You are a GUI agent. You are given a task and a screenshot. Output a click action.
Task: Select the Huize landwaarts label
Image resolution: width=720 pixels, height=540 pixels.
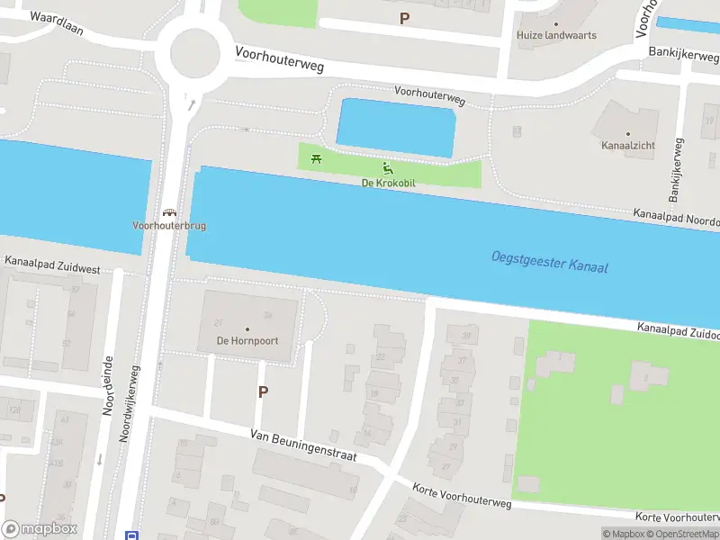tap(556, 36)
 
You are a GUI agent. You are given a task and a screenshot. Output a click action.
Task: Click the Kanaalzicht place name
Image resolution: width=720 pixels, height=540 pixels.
tap(628, 145)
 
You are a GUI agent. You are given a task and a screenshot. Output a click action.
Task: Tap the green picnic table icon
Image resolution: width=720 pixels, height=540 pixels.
tap(316, 159)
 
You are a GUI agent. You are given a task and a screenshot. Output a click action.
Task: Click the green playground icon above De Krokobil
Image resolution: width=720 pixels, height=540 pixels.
tap(388, 167)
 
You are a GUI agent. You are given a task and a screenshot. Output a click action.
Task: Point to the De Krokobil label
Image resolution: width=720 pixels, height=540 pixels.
tap(388, 183)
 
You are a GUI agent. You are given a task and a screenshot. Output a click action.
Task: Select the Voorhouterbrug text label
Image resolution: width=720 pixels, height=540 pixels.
tap(169, 226)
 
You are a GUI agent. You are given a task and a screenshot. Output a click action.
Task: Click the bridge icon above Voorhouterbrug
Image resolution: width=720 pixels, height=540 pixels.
tap(168, 212)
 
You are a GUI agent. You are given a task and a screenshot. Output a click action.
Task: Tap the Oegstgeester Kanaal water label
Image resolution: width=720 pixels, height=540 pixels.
tap(550, 262)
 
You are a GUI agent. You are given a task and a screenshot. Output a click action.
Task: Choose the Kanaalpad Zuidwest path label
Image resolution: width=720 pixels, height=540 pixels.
tap(51, 265)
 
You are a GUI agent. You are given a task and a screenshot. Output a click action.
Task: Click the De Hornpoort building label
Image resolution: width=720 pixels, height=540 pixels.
tap(247, 341)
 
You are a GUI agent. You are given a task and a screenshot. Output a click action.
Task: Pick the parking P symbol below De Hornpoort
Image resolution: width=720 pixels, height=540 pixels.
tap(263, 391)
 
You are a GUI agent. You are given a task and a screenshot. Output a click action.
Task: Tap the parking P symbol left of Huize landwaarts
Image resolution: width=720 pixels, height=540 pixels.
tap(404, 17)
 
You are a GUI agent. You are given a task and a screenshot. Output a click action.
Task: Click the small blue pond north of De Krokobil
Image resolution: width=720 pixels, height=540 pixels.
tap(396, 128)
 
